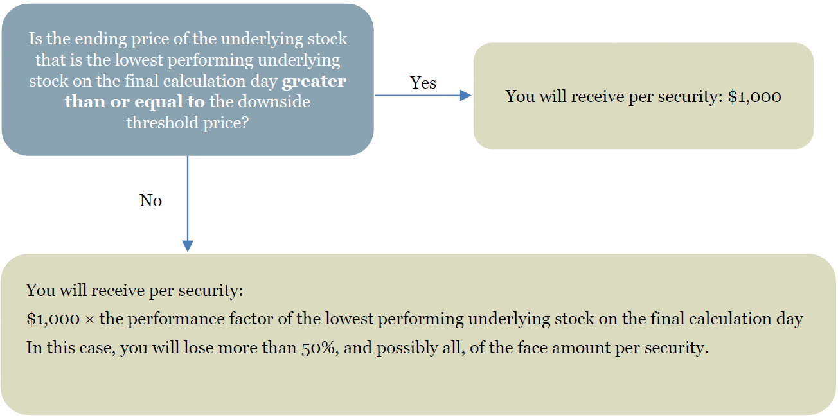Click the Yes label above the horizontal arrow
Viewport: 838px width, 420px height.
point(423,83)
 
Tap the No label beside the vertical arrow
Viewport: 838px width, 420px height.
point(150,200)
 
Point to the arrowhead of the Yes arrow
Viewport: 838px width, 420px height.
point(465,96)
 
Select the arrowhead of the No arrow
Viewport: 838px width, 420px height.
point(188,246)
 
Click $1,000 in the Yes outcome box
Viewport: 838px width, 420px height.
point(754,97)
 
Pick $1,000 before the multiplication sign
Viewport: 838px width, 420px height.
point(53,319)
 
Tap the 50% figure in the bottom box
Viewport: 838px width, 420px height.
point(317,348)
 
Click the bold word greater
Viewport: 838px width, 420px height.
point(314,82)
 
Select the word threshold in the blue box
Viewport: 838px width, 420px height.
point(163,122)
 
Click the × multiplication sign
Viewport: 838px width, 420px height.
point(90,319)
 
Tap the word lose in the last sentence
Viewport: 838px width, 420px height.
point(199,347)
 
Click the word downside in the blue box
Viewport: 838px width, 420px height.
point(274,101)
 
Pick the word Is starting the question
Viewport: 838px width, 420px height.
point(35,39)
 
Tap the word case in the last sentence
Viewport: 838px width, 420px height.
point(98,348)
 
